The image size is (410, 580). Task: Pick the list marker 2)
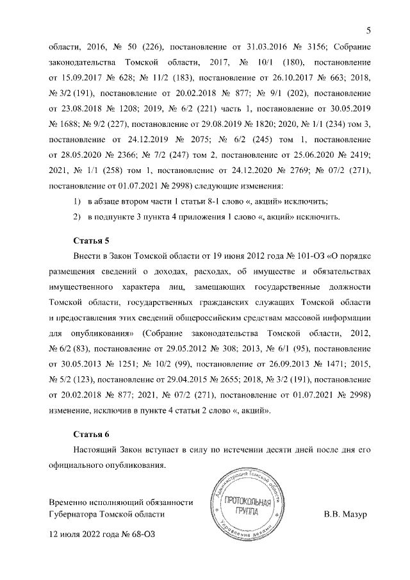(x=77, y=217)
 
